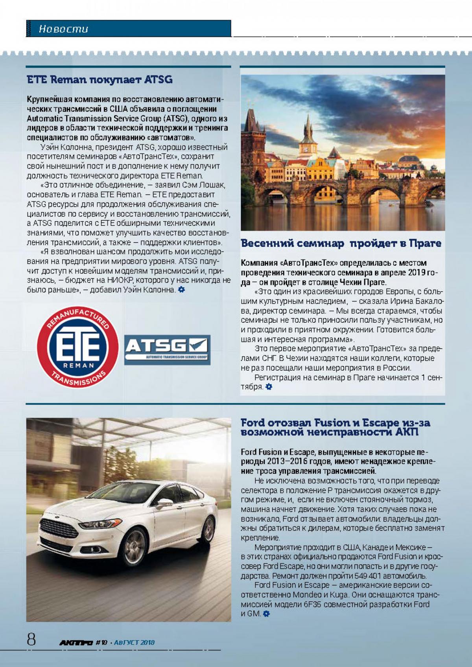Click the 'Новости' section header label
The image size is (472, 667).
click(x=63, y=29)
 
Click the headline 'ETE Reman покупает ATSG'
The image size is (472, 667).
click(x=100, y=80)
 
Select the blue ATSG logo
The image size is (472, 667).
click(x=167, y=349)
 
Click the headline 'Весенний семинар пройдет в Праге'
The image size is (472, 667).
click(x=341, y=243)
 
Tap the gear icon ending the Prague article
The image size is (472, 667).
click(x=269, y=387)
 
